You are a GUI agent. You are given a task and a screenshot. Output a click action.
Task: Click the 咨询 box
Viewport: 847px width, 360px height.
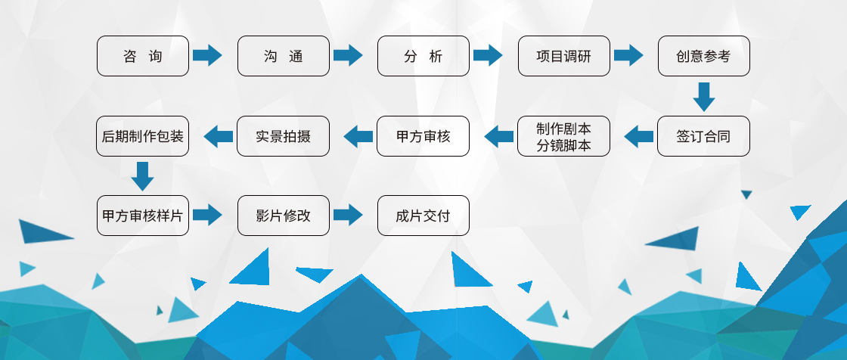tap(143, 56)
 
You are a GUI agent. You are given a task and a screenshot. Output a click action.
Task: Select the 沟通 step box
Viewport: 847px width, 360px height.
tap(284, 56)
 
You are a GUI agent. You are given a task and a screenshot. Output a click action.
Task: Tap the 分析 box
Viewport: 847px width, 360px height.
tap(423, 56)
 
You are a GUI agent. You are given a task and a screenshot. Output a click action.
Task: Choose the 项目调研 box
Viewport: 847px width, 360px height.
tap(564, 56)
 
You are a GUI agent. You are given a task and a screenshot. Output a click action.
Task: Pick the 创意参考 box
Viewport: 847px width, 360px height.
tap(704, 56)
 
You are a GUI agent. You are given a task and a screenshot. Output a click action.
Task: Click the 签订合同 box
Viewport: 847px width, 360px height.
tap(704, 136)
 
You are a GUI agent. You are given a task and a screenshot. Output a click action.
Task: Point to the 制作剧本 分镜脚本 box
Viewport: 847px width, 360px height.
tap(564, 136)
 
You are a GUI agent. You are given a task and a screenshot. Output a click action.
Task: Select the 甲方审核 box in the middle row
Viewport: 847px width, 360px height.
tap(423, 136)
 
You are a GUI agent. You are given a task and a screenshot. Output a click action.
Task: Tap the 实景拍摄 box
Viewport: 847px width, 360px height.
tap(283, 136)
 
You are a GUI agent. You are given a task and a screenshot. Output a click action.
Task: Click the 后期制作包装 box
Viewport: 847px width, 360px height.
tap(143, 136)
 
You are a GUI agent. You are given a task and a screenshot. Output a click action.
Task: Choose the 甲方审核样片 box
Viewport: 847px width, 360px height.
tap(143, 216)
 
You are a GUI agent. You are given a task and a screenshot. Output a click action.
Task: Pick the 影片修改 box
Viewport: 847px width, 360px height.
tap(284, 216)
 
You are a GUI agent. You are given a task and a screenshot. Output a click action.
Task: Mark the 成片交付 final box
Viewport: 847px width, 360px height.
tap(423, 216)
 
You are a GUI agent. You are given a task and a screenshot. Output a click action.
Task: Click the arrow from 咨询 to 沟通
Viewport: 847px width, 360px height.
tap(207, 55)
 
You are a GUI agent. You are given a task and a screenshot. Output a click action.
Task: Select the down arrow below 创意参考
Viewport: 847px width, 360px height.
tap(704, 97)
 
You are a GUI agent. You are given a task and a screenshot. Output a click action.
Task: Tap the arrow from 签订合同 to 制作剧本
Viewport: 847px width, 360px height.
tap(638, 136)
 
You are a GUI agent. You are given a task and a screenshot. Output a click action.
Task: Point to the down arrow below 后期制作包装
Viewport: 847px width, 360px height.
tap(143, 176)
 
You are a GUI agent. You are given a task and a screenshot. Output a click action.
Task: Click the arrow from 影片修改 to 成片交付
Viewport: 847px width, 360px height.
tap(348, 215)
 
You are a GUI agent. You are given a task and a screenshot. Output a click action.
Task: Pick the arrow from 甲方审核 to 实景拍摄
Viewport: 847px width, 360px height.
tap(358, 136)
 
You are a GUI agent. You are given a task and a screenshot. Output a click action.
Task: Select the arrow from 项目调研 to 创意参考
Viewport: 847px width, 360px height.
tap(628, 55)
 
